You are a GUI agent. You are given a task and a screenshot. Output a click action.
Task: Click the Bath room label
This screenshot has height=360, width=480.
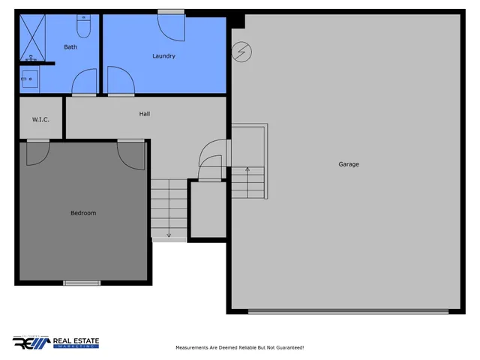tap(70, 47)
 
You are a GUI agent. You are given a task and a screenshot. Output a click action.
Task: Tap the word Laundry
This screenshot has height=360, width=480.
tap(163, 56)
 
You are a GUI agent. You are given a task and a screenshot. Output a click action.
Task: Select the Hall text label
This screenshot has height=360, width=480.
tap(145, 114)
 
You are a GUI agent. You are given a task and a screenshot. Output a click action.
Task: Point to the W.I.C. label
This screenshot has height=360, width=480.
tap(40, 119)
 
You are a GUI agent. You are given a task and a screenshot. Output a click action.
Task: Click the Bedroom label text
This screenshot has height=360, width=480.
tap(83, 213)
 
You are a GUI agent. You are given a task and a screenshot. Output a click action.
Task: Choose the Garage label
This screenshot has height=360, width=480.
tap(349, 164)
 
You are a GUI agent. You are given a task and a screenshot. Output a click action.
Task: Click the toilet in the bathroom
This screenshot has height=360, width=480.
tap(83, 27)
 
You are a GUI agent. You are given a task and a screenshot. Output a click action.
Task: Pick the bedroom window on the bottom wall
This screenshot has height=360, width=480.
tap(82, 283)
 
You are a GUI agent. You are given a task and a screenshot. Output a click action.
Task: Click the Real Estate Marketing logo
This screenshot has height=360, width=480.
tap(56, 343)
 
